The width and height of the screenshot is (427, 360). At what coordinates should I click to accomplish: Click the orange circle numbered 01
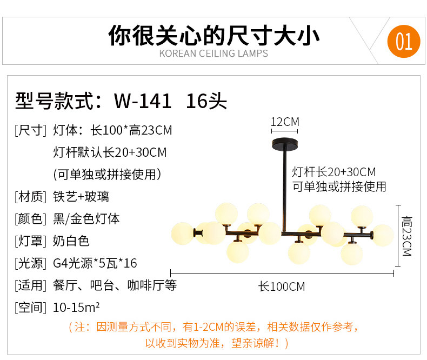tap(404, 42)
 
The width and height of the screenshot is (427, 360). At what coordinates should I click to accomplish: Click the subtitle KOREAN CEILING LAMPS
tap(213, 54)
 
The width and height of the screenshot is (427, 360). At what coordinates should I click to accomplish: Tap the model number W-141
tap(143, 101)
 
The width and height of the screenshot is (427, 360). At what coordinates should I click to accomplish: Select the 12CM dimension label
tap(284, 122)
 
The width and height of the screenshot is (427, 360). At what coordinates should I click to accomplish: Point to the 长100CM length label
tap(281, 286)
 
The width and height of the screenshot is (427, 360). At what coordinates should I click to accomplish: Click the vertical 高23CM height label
tap(406, 236)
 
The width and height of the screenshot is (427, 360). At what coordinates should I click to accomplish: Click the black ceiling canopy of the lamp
tap(284, 146)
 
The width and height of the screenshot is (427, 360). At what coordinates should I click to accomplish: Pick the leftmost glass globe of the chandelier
tap(182, 233)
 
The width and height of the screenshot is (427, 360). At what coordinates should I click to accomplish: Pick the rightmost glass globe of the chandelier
tap(383, 235)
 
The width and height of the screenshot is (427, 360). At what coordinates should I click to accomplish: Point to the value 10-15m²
tap(76, 308)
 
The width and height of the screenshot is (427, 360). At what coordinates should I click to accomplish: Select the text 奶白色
tap(71, 241)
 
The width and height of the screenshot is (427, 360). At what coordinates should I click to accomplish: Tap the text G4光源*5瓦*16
tap(95, 263)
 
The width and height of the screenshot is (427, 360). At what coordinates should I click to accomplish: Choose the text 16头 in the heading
tap(206, 101)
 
